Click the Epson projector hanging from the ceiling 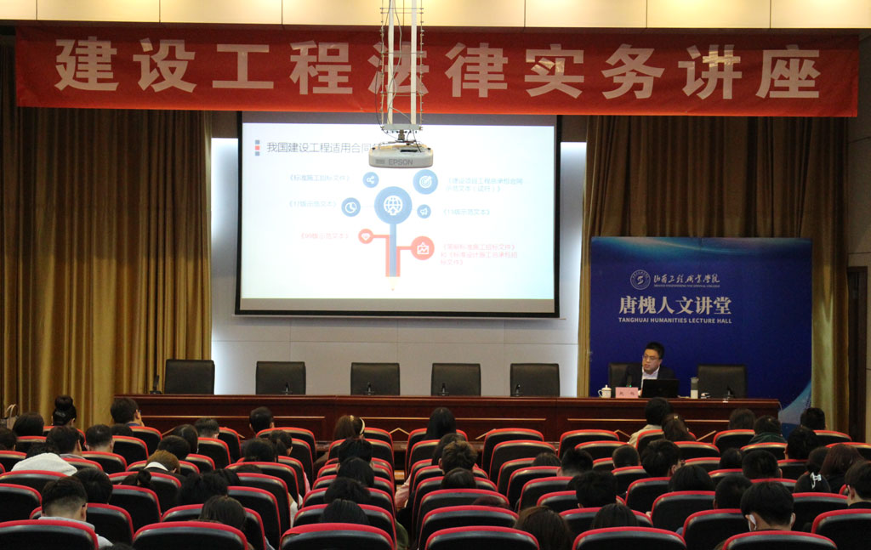coord(401,156)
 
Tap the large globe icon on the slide coord(392,205)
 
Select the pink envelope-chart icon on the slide coord(423,248)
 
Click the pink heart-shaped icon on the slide coord(366,236)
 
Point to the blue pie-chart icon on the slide coord(350,207)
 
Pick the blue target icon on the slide coord(425,181)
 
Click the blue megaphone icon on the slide coord(424,211)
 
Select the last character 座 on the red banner coord(786,71)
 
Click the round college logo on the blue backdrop coord(640,280)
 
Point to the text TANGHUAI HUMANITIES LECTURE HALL coord(675,320)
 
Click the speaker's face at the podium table coord(652,360)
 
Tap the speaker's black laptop coord(660,388)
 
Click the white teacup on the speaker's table coord(605,391)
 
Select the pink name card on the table coord(626,392)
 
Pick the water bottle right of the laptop coord(694,388)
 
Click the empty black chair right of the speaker coord(721,381)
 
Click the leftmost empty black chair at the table coord(189,377)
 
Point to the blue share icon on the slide coord(370,179)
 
